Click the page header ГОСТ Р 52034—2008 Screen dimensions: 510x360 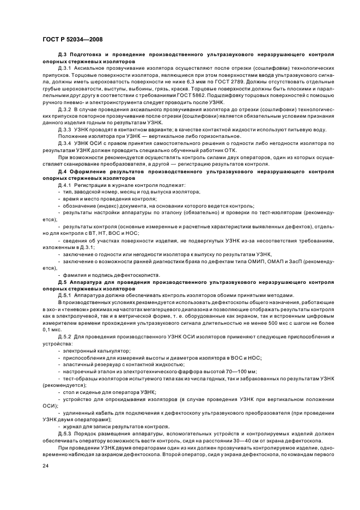point(72,40)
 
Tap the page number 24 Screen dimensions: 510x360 point(46,466)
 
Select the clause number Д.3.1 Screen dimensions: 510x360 point(64,68)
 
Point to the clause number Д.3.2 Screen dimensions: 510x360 point(64,109)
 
